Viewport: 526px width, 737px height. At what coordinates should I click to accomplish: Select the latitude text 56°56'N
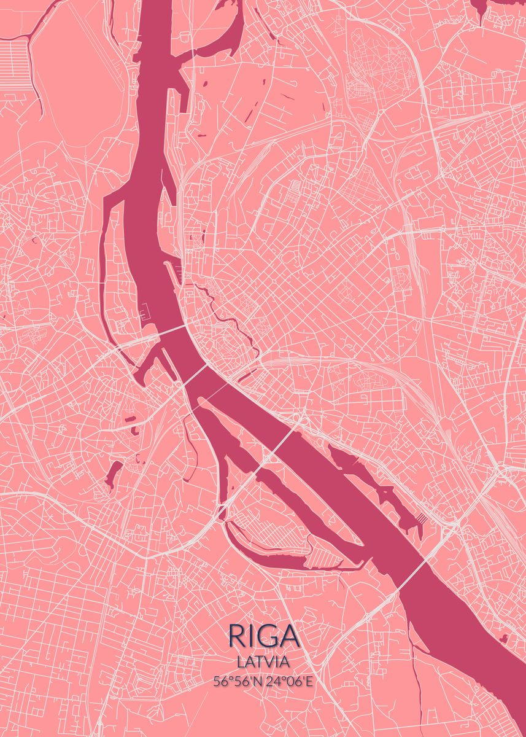click(237, 680)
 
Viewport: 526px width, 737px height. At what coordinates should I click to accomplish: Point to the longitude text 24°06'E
click(289, 680)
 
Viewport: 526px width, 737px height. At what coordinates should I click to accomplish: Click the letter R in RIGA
click(236, 636)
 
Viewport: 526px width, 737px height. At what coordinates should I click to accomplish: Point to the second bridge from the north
click(196, 375)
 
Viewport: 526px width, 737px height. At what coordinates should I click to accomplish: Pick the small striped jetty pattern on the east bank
click(422, 519)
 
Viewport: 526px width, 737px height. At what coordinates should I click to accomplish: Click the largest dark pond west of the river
click(113, 475)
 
